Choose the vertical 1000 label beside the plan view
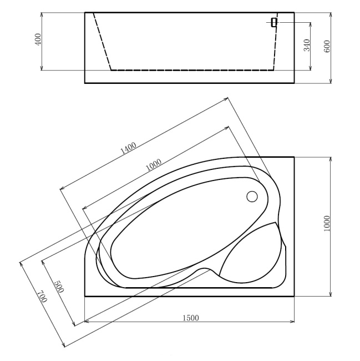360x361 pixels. pos(327,224)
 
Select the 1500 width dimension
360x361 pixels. pos(190,318)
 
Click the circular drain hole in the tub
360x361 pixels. pos(251,196)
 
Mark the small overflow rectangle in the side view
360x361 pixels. pos(274,22)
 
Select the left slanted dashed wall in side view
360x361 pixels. pos(102,42)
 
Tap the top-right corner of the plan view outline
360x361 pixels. pos(294,157)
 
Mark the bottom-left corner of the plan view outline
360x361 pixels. pos(85,296)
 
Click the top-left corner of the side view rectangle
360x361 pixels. pos(85,12)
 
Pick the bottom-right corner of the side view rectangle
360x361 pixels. pos(294,83)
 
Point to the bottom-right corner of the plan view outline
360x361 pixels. pos(294,296)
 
